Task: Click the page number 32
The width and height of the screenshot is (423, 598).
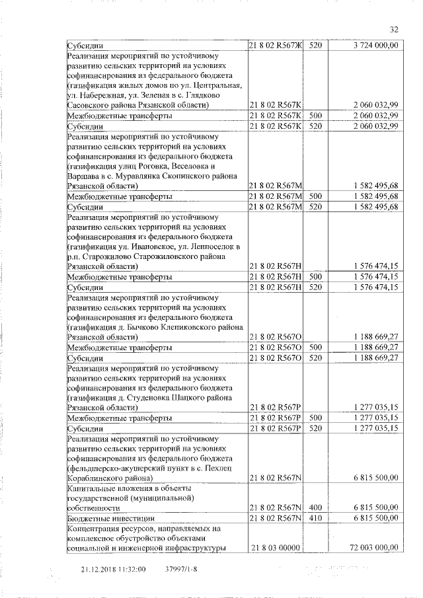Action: pyautogui.click(x=395, y=29)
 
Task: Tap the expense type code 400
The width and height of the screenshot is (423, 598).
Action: pyautogui.click(x=315, y=507)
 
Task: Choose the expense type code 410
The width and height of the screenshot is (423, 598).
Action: pyautogui.click(x=315, y=517)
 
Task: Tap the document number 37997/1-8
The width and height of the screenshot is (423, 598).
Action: pyautogui.click(x=180, y=568)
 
